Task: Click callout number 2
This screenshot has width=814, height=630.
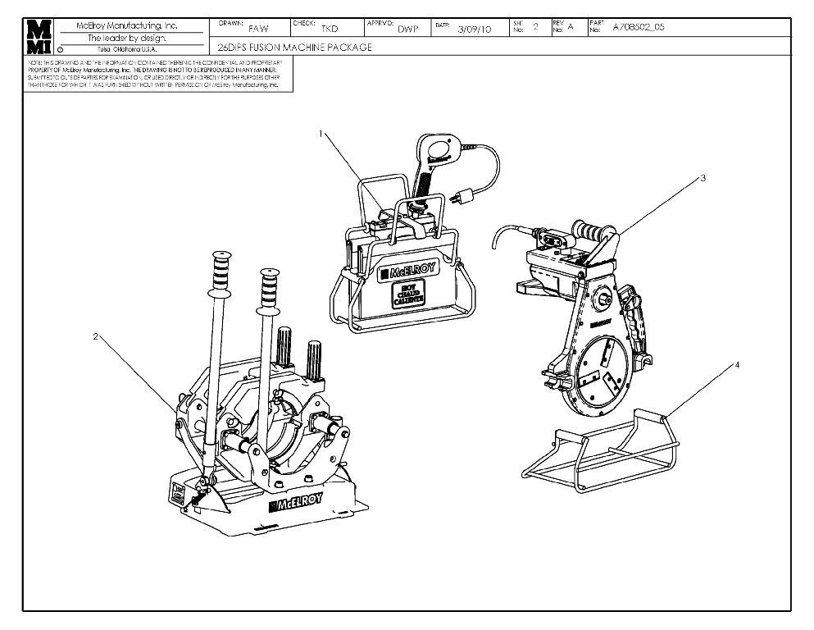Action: [x=96, y=336]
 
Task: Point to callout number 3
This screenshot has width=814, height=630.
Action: [x=703, y=177]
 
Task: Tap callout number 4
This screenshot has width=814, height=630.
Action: [x=737, y=365]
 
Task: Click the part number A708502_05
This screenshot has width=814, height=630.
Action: [x=639, y=27]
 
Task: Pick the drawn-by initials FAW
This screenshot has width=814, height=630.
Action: [x=257, y=29]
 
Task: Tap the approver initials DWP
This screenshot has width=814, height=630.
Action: [x=407, y=29]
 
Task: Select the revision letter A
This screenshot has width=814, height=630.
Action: [x=571, y=27]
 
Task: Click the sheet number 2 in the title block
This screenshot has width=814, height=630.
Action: [x=535, y=27]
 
